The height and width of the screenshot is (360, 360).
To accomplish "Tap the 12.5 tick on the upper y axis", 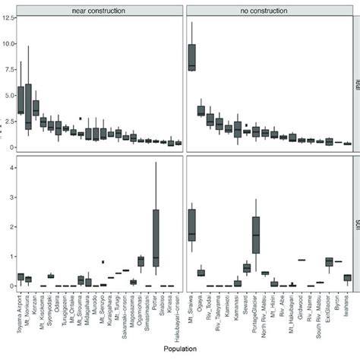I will (x=6, y=18).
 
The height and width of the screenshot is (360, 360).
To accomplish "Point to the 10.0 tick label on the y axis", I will (x=6, y=44).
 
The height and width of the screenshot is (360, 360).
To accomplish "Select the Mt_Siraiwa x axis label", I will (x=191, y=309).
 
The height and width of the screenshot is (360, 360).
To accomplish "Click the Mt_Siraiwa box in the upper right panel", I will (x=192, y=57).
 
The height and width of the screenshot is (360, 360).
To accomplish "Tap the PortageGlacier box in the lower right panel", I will (x=256, y=233).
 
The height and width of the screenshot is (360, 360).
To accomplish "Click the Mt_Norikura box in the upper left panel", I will (x=28, y=106).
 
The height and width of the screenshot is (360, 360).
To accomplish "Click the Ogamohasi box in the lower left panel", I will (x=141, y=261).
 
